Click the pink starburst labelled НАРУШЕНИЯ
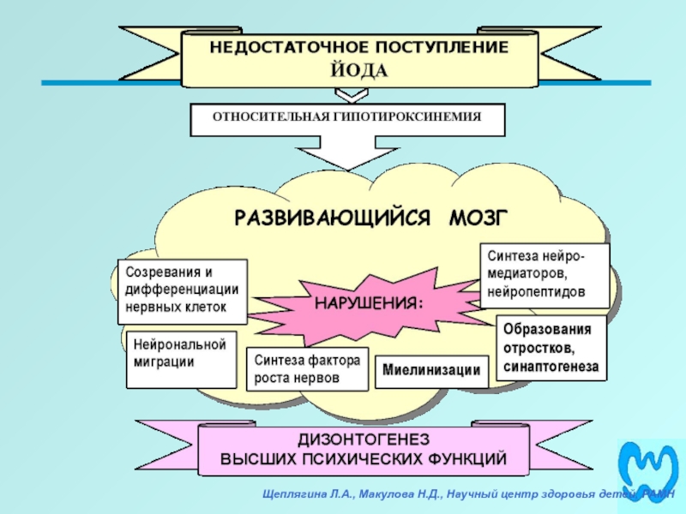[369, 305]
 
